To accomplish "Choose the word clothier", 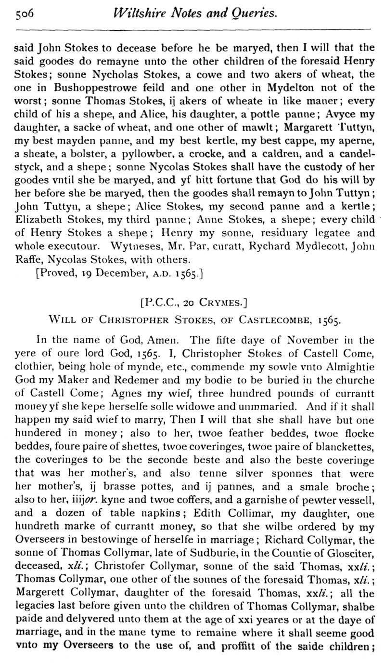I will click(33, 367).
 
